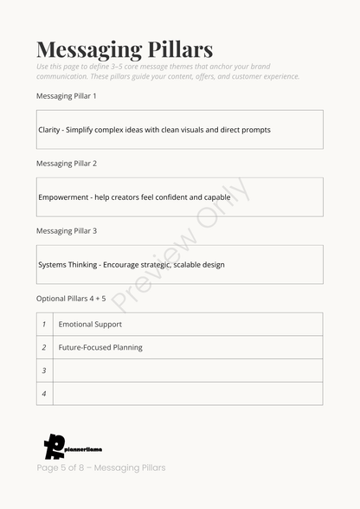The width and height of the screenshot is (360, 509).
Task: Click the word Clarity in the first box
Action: point(49,130)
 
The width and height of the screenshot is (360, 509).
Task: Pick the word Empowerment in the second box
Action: point(62,197)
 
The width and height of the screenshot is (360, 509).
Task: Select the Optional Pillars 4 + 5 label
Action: point(71,299)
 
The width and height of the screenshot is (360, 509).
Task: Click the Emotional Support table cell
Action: point(90,325)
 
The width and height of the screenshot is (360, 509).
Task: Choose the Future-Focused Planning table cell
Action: point(100,347)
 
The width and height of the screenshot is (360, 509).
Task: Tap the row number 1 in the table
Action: point(44,325)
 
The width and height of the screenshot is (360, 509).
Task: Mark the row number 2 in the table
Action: point(44,347)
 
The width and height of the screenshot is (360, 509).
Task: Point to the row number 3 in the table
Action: point(44,370)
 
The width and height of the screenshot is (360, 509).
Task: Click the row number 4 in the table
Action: point(44,394)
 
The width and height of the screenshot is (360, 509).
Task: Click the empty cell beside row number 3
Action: point(188,370)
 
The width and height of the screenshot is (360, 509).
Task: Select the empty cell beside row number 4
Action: point(188,394)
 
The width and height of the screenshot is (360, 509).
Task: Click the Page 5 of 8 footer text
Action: point(100,468)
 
